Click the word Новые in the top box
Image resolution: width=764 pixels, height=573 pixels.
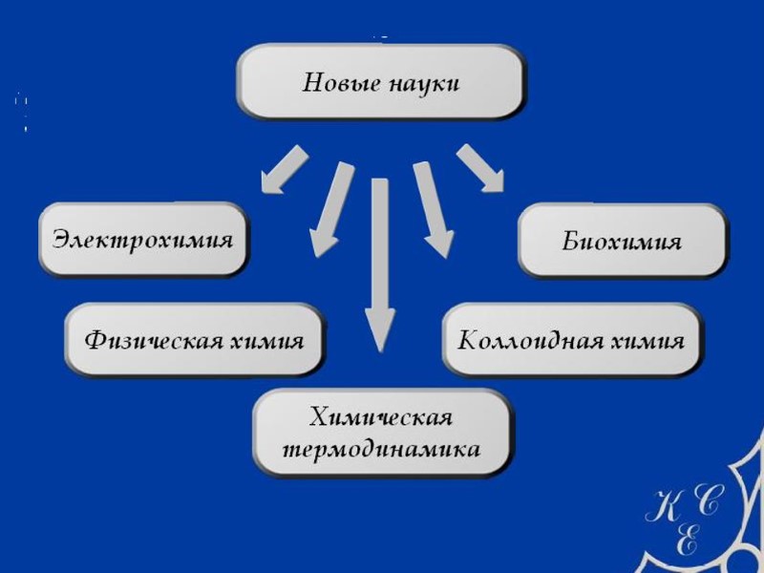(x=341, y=83)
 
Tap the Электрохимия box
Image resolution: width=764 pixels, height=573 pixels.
(x=142, y=239)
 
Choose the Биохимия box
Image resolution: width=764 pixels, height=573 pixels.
(x=622, y=241)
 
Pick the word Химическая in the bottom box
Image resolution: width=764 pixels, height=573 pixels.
(x=380, y=417)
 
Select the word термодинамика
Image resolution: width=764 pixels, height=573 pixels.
(x=380, y=448)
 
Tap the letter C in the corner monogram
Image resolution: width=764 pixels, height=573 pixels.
(x=711, y=501)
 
